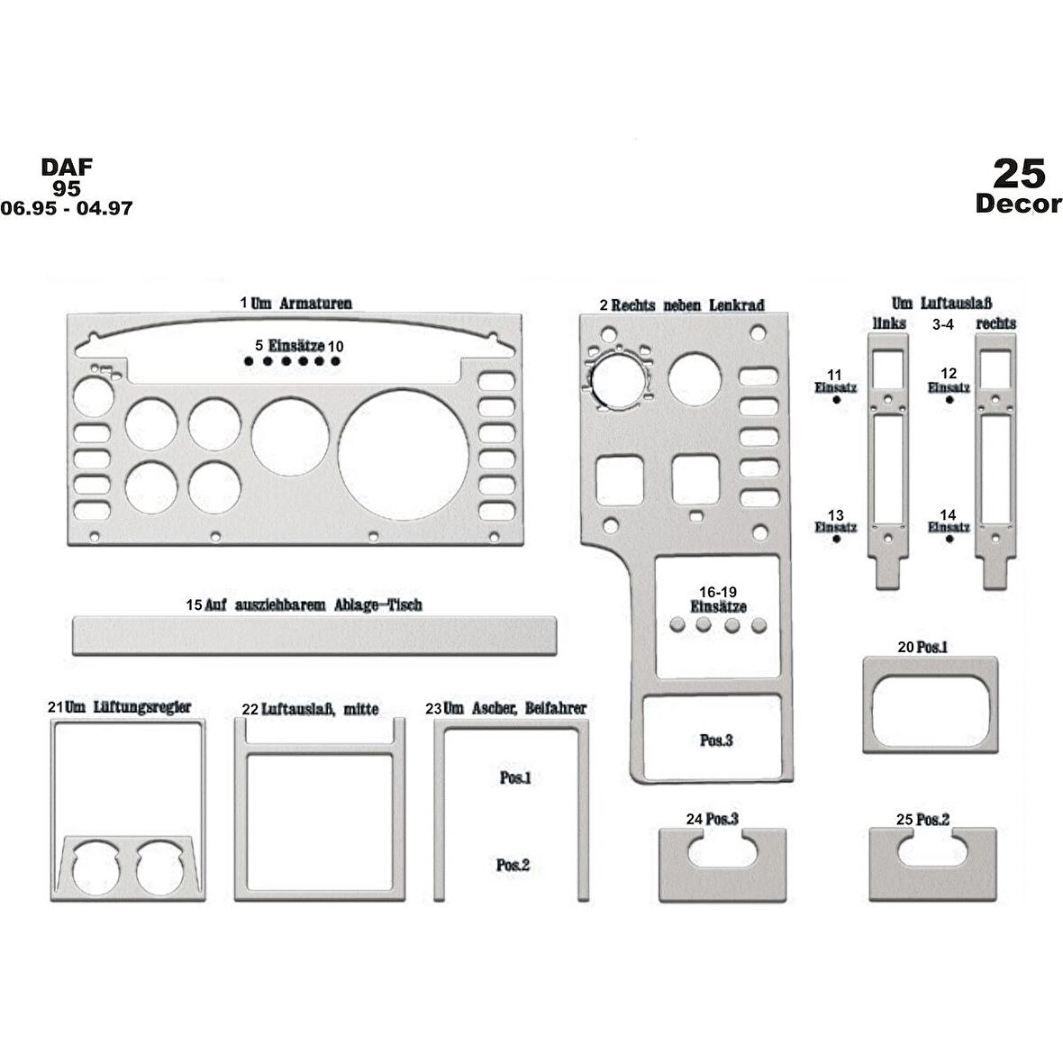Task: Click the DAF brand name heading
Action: click(x=67, y=167)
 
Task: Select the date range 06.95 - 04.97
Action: click(x=67, y=208)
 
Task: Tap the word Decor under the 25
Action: click(x=1018, y=204)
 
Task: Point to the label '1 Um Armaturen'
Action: click(x=296, y=303)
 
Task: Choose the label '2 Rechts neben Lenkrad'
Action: click(x=682, y=305)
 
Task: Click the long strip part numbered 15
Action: click(x=313, y=636)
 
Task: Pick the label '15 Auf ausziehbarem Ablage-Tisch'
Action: click(x=304, y=604)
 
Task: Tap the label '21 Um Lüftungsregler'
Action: click(x=119, y=707)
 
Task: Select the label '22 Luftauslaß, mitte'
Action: click(x=311, y=709)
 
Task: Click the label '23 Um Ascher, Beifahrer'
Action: click(x=505, y=708)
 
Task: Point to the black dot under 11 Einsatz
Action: click(x=837, y=400)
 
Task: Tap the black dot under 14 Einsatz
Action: click(x=949, y=539)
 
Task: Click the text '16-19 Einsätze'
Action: click(x=719, y=600)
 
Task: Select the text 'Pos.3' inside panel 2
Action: click(x=716, y=740)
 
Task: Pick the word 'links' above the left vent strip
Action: click(x=889, y=323)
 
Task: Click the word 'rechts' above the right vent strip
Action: click(x=995, y=323)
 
